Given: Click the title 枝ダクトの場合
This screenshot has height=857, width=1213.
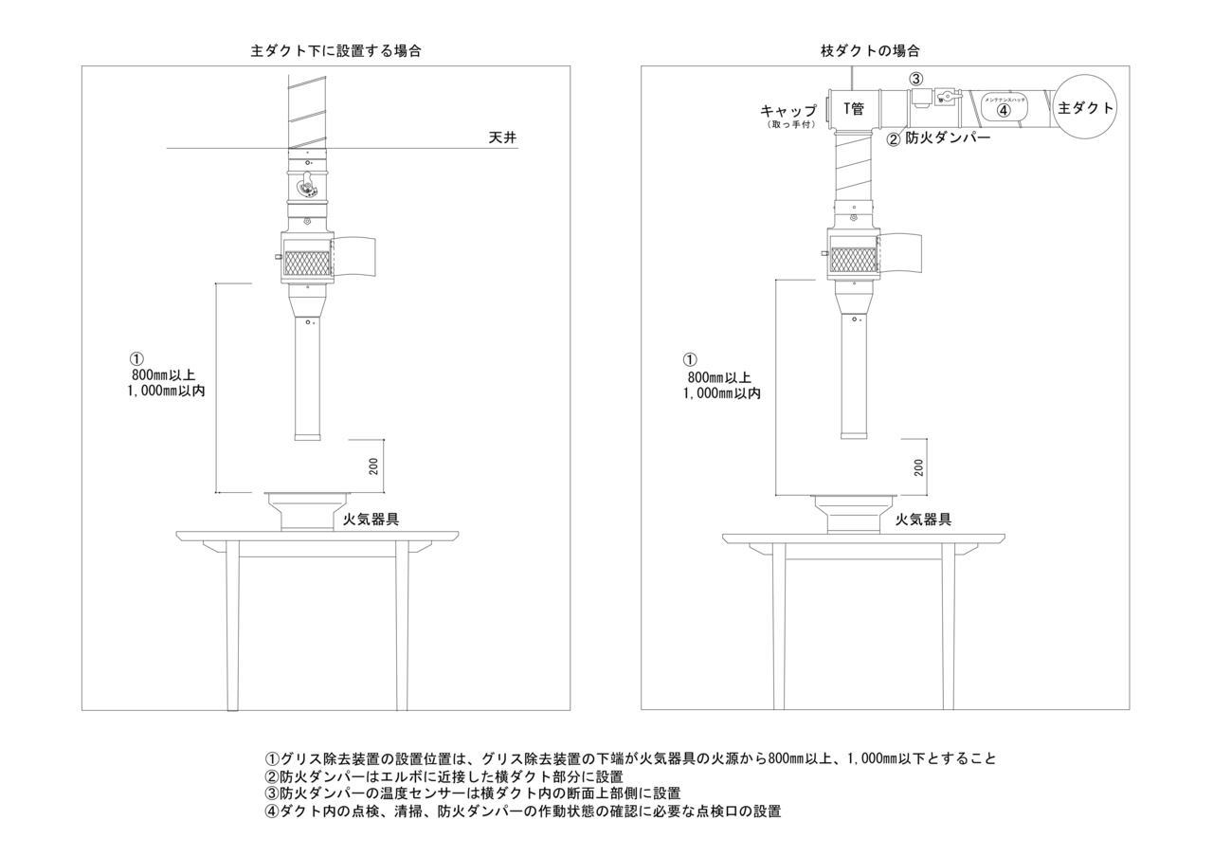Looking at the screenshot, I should [x=869, y=51].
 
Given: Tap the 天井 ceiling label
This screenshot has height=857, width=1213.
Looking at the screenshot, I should [x=502, y=138].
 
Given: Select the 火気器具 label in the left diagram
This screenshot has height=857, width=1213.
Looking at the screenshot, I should [x=371, y=519].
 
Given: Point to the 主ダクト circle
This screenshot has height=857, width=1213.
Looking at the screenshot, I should [x=1085, y=108].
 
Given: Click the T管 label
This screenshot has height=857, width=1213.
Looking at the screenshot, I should [x=854, y=109].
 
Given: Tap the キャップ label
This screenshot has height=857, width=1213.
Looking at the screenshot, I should [x=788, y=111].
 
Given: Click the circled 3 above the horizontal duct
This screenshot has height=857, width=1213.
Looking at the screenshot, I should [x=916, y=79].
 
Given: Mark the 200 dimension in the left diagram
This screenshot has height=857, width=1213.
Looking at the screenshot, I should [x=373, y=466].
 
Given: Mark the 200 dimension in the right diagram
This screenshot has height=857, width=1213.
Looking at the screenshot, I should [x=918, y=467].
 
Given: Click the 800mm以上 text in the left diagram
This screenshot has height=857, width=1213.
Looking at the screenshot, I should [x=164, y=375].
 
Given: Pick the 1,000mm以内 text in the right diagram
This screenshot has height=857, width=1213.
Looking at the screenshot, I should [x=721, y=392].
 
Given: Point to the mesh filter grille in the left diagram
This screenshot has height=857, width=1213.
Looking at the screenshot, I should [x=307, y=264].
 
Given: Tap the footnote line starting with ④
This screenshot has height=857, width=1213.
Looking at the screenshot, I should [x=522, y=811].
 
